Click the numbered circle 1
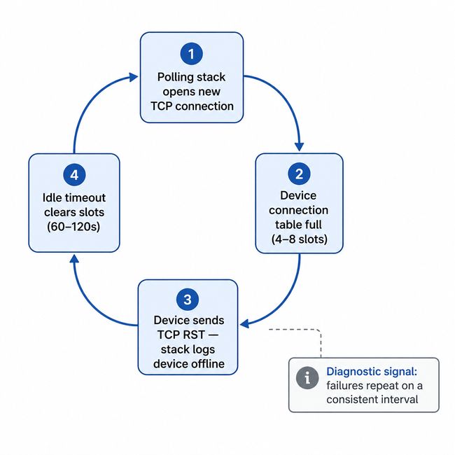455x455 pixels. pos(191,53)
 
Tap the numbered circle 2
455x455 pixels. pos(299,174)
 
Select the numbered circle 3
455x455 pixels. pos(188,300)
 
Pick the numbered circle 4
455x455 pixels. pos(73,174)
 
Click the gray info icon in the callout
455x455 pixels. pos(307,378)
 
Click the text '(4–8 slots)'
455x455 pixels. pos(299,239)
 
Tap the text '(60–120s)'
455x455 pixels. pos(73,226)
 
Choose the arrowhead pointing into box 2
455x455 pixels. pos(300,146)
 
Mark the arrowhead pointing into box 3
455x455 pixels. pos(244,323)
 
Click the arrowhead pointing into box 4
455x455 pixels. pos(74,259)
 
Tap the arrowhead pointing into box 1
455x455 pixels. pos(133,76)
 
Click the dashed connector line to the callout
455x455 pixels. pos(321,339)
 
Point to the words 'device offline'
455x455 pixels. pos(188,364)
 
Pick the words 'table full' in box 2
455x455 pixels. pos(299,225)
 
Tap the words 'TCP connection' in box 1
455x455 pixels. pos(192,106)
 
